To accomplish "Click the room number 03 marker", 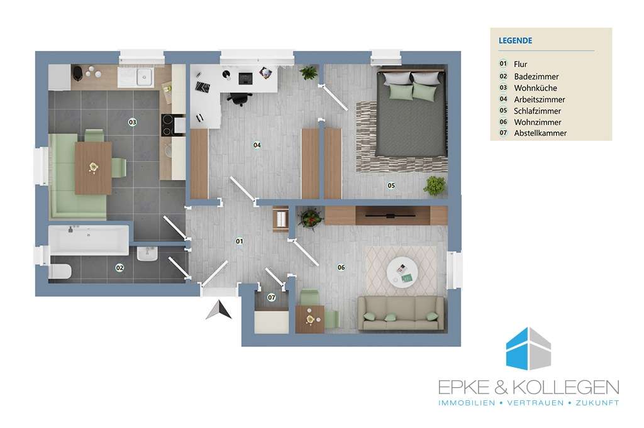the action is click(132, 122).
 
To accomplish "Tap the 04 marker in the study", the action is click(257, 145).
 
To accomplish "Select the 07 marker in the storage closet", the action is click(272, 297).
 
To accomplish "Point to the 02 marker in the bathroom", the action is click(119, 268).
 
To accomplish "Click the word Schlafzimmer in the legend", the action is click(537, 111).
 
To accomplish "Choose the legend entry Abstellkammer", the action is click(540, 133).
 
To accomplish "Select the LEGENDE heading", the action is click(516, 41).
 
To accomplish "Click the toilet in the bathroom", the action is click(60, 272).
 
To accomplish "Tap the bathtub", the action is click(89, 239).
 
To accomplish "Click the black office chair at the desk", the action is click(239, 99).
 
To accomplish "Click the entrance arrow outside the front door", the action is click(219, 310).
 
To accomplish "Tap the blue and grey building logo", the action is click(528, 349).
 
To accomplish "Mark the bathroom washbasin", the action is click(147, 253).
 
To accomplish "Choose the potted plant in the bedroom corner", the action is click(435, 186).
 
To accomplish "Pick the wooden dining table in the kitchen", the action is click(93, 168).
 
